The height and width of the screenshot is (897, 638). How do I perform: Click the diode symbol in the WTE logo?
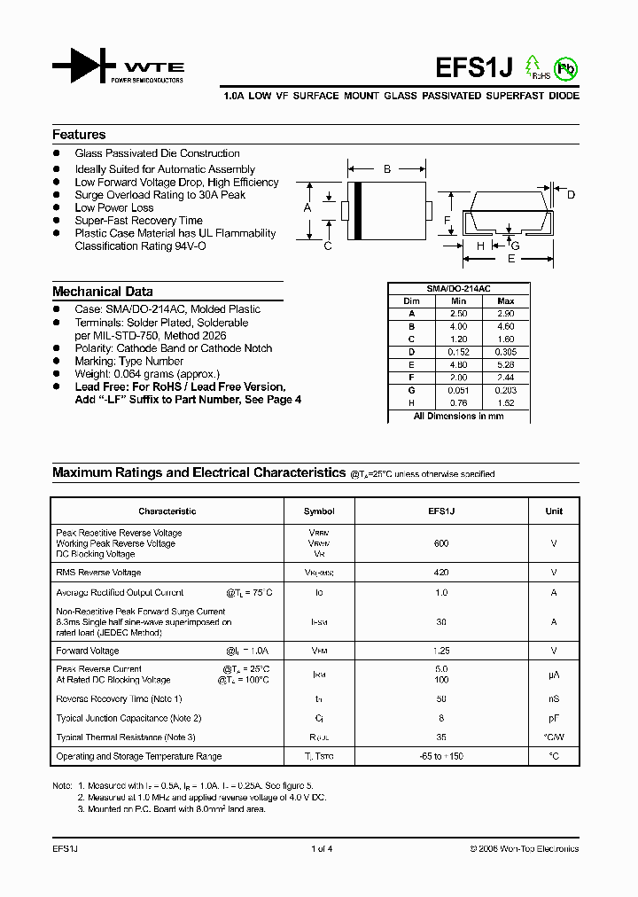click(84, 67)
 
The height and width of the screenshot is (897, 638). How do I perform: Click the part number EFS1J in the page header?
click(475, 68)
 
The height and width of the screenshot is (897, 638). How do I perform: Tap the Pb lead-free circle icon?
click(564, 67)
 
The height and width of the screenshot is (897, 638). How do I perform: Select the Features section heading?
click(79, 135)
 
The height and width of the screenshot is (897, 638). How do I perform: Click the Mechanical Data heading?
click(102, 292)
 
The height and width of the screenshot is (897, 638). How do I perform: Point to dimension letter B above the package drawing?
click(386, 168)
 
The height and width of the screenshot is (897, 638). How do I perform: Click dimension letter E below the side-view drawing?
click(510, 259)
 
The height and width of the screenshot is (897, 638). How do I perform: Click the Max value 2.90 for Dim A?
click(506, 314)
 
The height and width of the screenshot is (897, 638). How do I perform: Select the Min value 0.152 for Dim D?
click(458, 351)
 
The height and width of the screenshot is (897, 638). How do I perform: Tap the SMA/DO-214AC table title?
click(458, 289)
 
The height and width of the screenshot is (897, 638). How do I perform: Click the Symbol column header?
click(319, 511)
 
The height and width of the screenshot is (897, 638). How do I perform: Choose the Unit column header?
click(554, 511)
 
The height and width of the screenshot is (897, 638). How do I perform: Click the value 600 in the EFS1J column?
click(441, 543)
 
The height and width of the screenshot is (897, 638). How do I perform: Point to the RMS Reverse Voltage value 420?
click(441, 573)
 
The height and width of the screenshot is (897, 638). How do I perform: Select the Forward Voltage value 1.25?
click(441, 650)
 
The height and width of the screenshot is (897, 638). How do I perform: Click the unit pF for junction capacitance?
click(554, 719)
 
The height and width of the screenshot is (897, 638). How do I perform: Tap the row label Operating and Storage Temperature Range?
click(138, 756)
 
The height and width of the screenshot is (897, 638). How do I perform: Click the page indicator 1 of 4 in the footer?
click(322, 849)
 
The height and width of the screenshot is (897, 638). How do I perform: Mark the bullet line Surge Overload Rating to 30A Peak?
click(159, 195)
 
